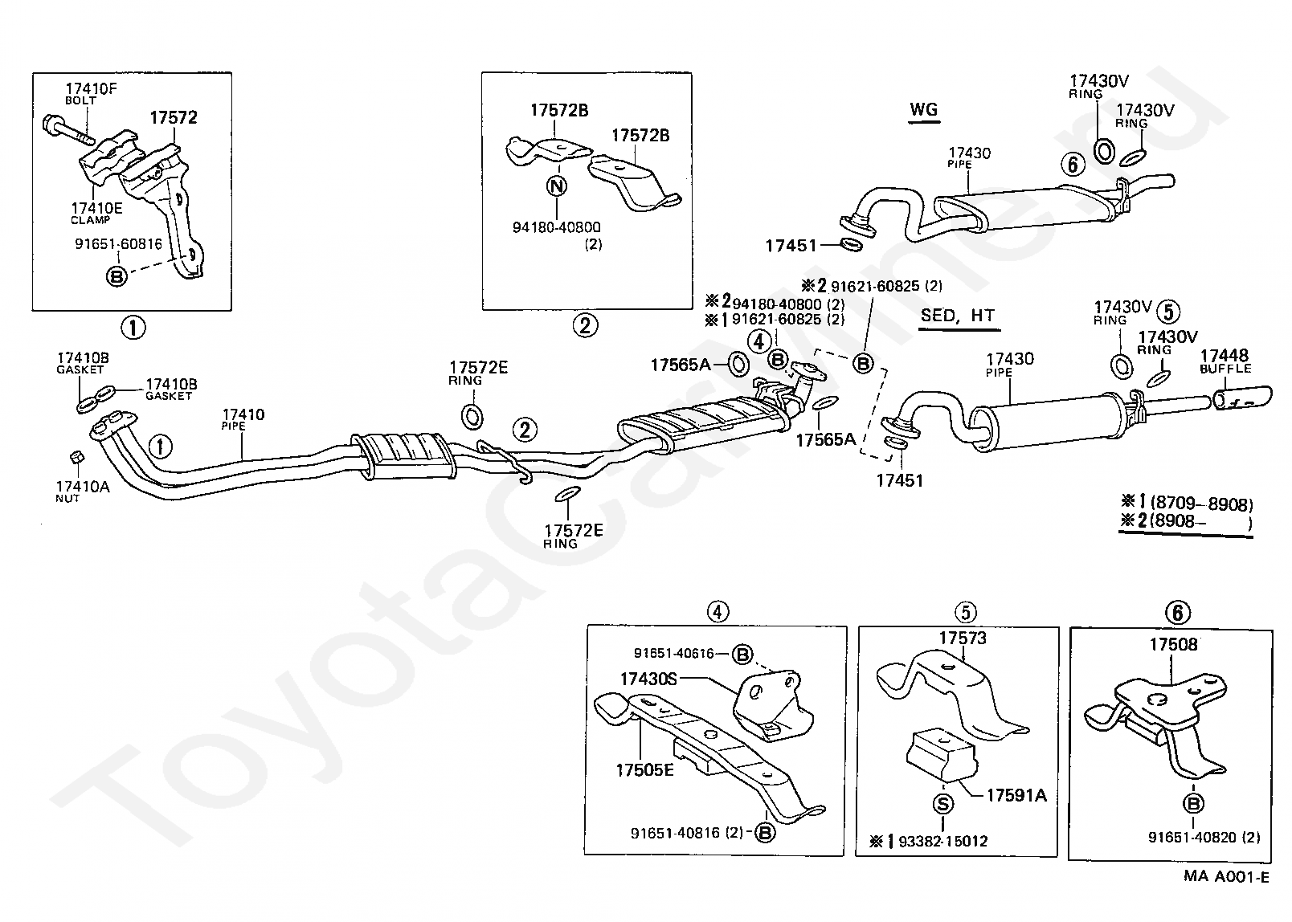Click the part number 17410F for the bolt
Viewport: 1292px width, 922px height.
tap(91, 88)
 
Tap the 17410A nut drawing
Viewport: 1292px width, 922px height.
tap(75, 457)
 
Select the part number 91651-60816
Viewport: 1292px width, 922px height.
tap(118, 244)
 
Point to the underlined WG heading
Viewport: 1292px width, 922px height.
tap(923, 110)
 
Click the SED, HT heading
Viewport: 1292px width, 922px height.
tap(957, 316)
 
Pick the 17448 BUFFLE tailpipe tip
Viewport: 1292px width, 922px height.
tap(1241, 398)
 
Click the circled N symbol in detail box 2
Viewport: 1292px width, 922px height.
tap(556, 186)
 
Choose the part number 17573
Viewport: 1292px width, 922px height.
tap(963, 638)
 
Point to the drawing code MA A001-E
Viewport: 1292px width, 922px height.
tap(1226, 876)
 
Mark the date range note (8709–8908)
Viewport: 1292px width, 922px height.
tap(1201, 504)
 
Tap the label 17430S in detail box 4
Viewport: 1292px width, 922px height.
tap(648, 679)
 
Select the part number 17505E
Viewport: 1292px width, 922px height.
tap(644, 770)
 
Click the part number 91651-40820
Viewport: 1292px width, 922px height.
tap(1193, 837)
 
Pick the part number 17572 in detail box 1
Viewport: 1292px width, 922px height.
tap(173, 118)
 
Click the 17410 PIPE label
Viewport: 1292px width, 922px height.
tap(243, 415)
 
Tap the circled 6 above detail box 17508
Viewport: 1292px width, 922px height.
tap(1177, 614)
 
